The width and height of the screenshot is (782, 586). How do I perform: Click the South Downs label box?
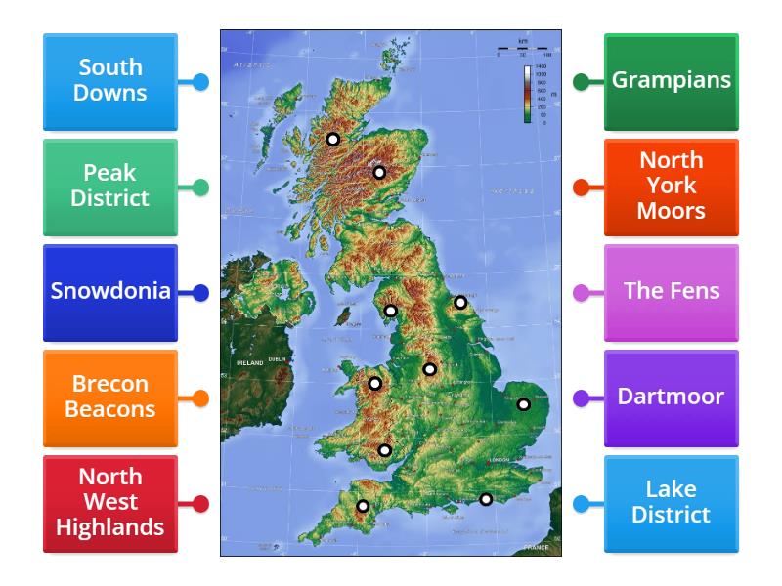pyautogui.click(x=110, y=81)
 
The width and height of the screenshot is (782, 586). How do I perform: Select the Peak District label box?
pyautogui.click(x=110, y=187)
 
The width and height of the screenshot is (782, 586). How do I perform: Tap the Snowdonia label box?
pyautogui.click(x=110, y=292)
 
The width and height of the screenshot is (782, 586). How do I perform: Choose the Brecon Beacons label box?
pyautogui.click(x=110, y=398)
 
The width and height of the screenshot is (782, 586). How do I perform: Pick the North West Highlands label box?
pyautogui.click(x=110, y=503)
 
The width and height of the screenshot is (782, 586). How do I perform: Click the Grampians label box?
pyautogui.click(x=672, y=81)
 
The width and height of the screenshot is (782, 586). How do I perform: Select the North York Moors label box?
pyautogui.click(x=672, y=187)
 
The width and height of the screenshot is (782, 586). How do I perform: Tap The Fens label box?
pyautogui.click(x=672, y=292)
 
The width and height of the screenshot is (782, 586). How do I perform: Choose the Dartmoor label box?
pyautogui.click(x=672, y=398)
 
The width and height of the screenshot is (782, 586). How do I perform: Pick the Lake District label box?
pyautogui.click(x=672, y=503)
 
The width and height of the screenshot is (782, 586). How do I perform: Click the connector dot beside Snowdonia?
pyautogui.click(x=200, y=292)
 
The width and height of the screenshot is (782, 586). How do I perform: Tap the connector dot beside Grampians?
pyautogui.click(x=581, y=82)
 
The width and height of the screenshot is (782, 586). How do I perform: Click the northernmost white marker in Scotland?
pyautogui.click(x=333, y=140)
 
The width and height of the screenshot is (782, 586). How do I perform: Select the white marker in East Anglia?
pyautogui.click(x=524, y=404)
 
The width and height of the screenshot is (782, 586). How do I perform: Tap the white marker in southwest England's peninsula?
pyautogui.click(x=363, y=506)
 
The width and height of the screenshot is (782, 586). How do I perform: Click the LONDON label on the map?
pyautogui.click(x=499, y=460)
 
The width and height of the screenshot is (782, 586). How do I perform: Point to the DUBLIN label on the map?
pyautogui.click(x=278, y=359)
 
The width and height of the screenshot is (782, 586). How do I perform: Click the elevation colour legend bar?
pyautogui.click(x=527, y=95)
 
